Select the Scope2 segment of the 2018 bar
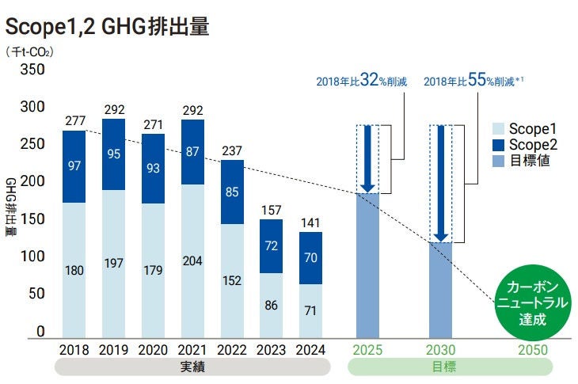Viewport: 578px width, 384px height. tap(74, 166)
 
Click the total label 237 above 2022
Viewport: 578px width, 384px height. tap(232, 152)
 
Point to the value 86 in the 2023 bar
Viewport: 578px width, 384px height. tap(272, 304)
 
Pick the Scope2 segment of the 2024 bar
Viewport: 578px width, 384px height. tap(311, 257)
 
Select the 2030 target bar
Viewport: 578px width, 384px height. tap(441, 290)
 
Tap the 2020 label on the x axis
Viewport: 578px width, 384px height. tap(153, 350)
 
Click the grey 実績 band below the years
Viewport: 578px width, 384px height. tap(192, 367)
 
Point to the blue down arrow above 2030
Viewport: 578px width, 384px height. tap(441, 182)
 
